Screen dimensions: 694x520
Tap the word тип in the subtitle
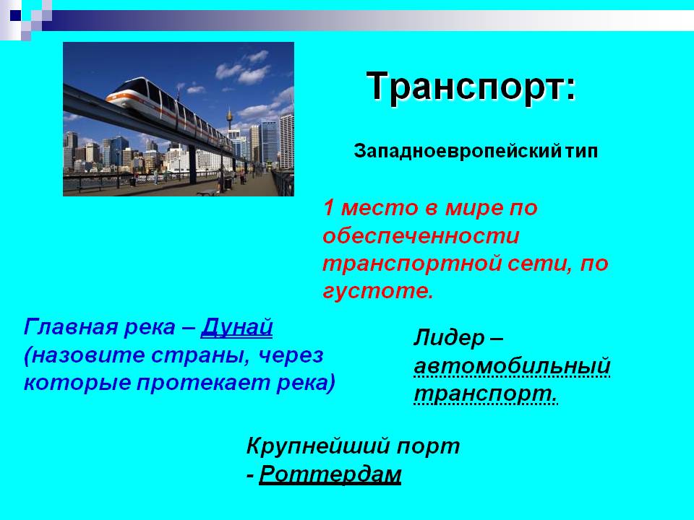coord(581,152)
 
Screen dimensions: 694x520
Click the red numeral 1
coord(328,208)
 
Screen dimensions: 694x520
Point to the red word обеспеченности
coord(421,235)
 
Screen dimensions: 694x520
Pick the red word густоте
coord(378,291)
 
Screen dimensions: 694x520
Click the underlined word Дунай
coord(237,328)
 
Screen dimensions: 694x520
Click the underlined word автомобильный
coord(513,366)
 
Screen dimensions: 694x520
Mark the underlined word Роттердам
coord(330,474)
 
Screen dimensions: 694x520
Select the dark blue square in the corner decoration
coord(15,15)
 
